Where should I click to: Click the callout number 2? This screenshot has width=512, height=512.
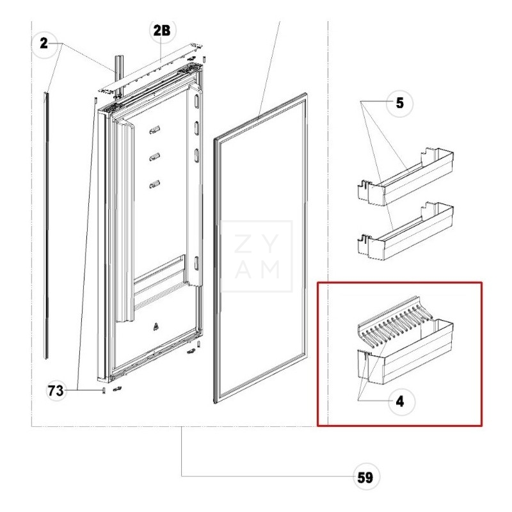[44, 44]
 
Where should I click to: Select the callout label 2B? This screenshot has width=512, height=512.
[162, 30]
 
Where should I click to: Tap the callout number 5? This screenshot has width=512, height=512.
[399, 103]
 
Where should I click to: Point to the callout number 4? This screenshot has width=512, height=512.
[400, 401]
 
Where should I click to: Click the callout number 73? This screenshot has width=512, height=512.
[56, 390]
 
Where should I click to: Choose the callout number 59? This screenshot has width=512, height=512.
[365, 477]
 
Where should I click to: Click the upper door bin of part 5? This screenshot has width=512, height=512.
[406, 178]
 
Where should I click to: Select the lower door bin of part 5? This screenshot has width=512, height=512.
[406, 232]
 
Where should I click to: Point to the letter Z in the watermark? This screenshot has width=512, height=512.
[243, 243]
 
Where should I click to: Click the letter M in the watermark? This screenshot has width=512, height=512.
[270, 269]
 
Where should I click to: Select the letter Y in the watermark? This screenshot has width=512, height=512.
[270, 243]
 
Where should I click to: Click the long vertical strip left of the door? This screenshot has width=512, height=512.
[46, 225]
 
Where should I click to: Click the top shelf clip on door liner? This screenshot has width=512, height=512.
[155, 130]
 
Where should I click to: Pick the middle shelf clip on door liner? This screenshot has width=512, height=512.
[155, 157]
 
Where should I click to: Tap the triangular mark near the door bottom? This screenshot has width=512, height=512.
[156, 326]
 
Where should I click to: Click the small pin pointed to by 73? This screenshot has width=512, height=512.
[104, 390]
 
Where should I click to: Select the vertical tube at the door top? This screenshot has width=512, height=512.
[118, 76]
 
